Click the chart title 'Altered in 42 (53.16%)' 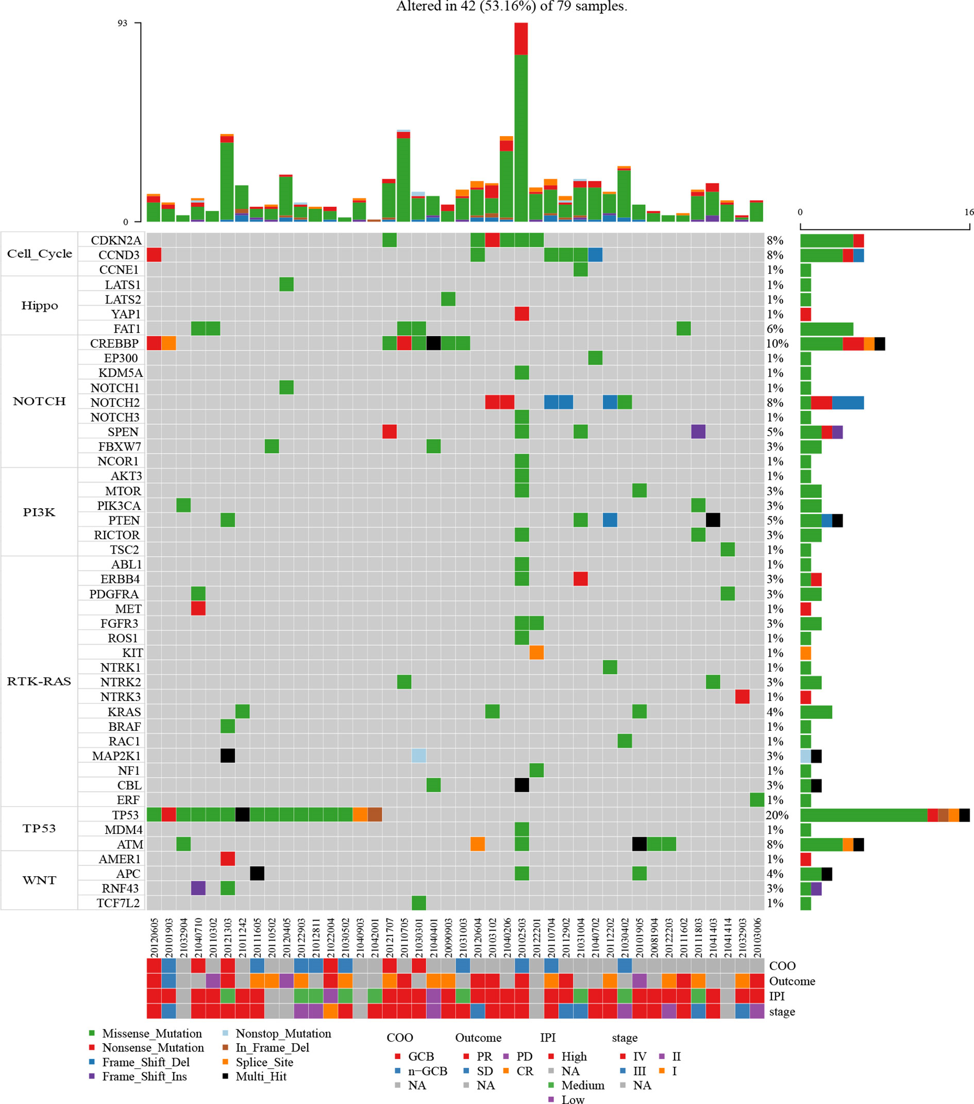tap(511, 7)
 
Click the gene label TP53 tap(125, 815)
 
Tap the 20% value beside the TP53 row tap(777, 815)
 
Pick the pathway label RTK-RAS tap(39, 681)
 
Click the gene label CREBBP tap(114, 343)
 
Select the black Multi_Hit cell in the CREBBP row tap(433, 343)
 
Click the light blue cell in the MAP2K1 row tap(419, 756)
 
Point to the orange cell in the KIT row tap(536, 653)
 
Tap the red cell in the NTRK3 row tap(743, 697)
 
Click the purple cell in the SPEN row tap(698, 431)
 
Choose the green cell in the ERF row tap(757, 800)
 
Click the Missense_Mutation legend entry tap(152, 1033)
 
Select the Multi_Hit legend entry tap(261, 1077)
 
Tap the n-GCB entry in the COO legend tap(427, 1071)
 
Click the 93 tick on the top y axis tap(123, 23)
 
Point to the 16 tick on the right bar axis tap(969, 212)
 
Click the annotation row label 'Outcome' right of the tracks tap(792, 981)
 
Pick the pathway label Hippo tap(39, 306)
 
